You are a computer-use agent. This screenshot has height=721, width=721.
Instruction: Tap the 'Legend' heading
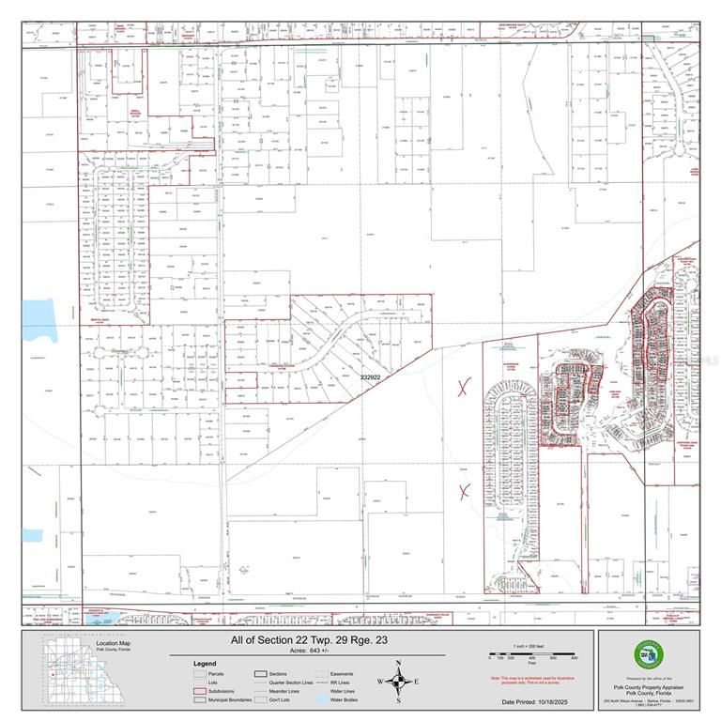pyautogui.click(x=205, y=663)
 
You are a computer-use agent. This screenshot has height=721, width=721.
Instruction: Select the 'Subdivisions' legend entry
pyautogui.click(x=218, y=690)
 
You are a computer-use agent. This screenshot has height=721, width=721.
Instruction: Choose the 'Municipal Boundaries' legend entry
pyautogui.click(x=224, y=698)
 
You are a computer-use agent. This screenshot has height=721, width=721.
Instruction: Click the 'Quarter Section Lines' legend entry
pyautogui.click(x=290, y=682)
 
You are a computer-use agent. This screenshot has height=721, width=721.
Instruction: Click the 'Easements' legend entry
pyautogui.click(x=341, y=673)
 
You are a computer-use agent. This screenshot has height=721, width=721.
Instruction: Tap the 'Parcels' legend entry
pyautogui.click(x=215, y=673)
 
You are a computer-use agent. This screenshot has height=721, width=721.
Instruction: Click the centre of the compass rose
pyautogui.click(x=398, y=682)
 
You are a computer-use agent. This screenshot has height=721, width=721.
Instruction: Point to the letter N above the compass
pyautogui.click(x=398, y=663)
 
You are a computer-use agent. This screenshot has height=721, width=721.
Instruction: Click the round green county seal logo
pyautogui.click(x=647, y=655)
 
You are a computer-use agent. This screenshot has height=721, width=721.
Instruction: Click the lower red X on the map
pyautogui.click(x=463, y=490)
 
